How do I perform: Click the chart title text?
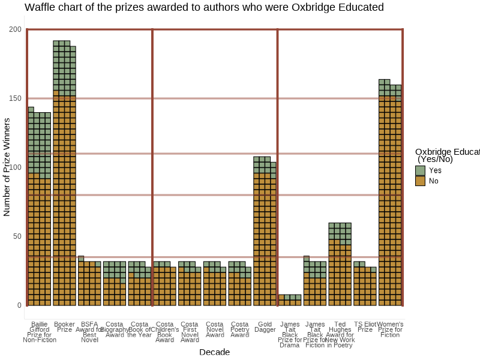(204, 8)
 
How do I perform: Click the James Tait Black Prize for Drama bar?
(290, 300)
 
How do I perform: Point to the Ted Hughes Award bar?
(340, 264)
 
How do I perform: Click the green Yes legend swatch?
(420, 170)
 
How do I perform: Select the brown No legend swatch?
(420, 181)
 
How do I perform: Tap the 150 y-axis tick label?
(15, 98)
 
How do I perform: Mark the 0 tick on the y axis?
(19, 305)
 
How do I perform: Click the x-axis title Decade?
(214, 352)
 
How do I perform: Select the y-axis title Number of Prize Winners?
(7, 167)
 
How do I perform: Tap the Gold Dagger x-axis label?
(265, 327)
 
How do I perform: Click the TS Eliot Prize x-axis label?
(365, 327)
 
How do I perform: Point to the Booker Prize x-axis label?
(64, 327)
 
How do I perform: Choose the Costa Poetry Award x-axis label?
(239, 329)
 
